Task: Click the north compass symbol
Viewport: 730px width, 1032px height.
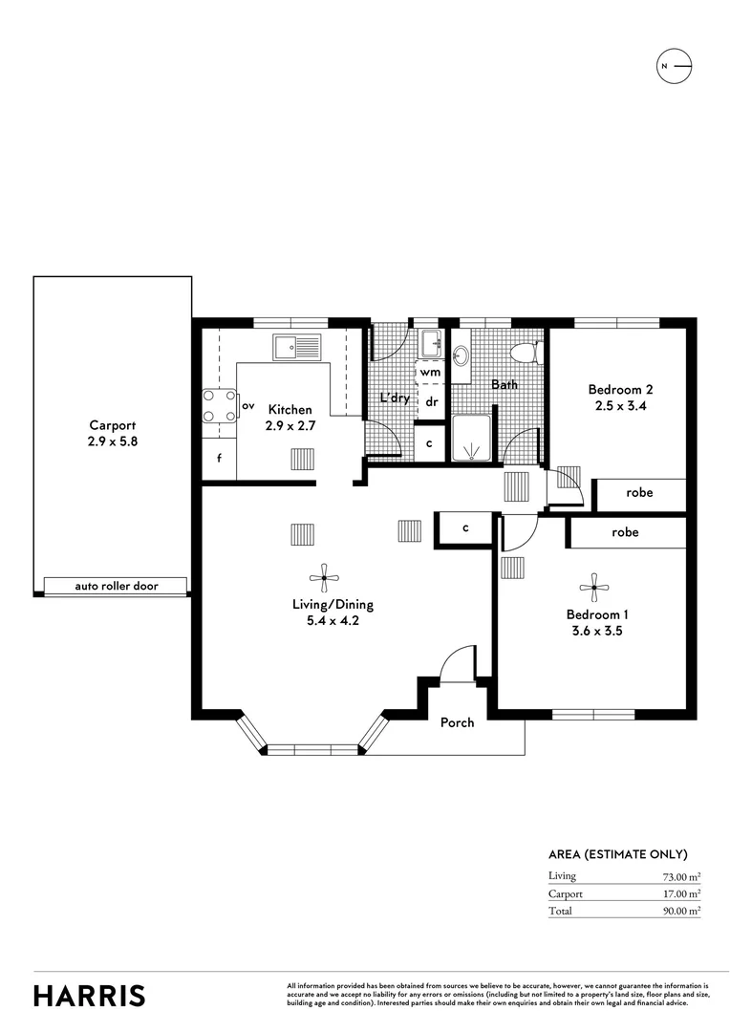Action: click(675, 66)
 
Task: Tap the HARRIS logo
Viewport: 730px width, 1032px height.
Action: click(90, 995)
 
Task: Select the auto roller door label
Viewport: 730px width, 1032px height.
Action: click(117, 586)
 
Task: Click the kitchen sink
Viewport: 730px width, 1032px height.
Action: click(296, 346)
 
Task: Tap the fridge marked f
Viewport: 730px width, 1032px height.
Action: click(219, 459)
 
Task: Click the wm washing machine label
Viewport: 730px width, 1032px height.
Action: click(430, 371)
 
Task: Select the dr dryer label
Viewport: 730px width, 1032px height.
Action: click(431, 401)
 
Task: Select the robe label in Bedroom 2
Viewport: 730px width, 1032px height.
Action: click(639, 493)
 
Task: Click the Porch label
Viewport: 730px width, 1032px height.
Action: click(457, 722)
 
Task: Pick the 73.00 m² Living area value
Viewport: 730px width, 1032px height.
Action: click(681, 876)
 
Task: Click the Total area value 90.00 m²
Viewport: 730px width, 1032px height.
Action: click(681, 911)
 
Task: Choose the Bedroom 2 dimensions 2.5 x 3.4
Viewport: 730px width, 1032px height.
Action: click(620, 405)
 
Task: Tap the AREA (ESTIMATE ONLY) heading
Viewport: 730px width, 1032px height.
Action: click(617, 854)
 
